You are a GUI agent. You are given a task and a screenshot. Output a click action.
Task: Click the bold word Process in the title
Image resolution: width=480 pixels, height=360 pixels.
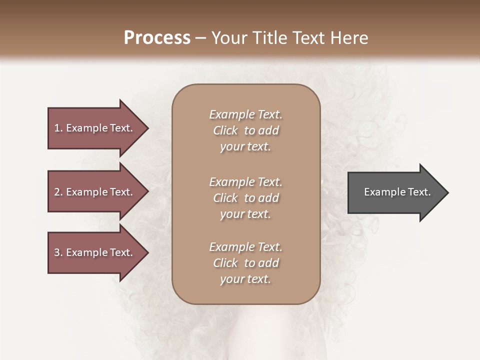click(x=157, y=37)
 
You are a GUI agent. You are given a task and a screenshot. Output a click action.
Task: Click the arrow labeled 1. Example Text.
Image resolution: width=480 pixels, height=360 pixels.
click(x=95, y=128)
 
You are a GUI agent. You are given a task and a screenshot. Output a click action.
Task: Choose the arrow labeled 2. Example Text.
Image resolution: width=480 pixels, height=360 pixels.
click(x=95, y=192)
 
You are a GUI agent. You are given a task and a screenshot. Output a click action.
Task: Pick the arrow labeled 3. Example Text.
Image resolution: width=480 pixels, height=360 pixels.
click(x=95, y=252)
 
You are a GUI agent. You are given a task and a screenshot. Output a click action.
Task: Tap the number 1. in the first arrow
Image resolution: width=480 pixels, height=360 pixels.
click(x=58, y=128)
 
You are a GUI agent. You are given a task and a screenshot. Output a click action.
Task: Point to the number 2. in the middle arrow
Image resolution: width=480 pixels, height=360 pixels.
click(x=58, y=192)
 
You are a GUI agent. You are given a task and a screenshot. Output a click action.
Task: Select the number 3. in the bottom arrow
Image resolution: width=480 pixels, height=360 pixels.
click(x=58, y=252)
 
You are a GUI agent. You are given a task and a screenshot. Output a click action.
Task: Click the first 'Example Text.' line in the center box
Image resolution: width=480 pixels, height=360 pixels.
click(x=245, y=114)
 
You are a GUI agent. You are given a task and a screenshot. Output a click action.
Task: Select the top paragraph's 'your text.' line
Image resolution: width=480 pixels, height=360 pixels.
click(x=245, y=147)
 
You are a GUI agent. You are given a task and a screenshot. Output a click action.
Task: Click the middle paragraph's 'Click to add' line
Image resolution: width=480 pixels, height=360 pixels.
click(x=245, y=198)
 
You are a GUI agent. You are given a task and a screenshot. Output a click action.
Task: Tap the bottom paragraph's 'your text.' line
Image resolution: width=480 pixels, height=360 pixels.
click(x=245, y=279)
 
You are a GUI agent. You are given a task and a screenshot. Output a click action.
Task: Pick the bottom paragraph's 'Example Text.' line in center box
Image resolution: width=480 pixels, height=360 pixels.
click(x=245, y=247)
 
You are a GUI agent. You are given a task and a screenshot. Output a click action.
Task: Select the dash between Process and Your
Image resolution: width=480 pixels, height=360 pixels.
click(x=201, y=38)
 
